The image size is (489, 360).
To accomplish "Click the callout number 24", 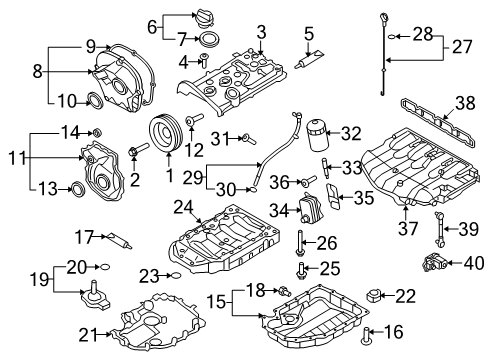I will [x=182, y=206].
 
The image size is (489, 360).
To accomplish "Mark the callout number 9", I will [x=90, y=45].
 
